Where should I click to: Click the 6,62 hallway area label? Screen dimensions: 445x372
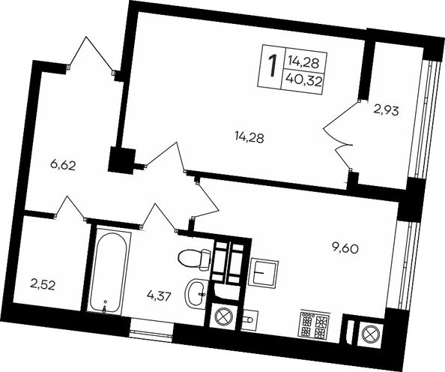coord(62,165)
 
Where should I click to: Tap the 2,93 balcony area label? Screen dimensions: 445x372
coord(387,110)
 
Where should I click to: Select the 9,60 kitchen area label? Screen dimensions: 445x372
coord(345,248)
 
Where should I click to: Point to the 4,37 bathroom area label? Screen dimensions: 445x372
coord(160,297)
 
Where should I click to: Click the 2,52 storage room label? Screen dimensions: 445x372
coord(42,285)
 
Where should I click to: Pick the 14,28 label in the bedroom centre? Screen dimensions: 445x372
coord(249,138)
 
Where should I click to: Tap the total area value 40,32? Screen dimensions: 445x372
coord(303,82)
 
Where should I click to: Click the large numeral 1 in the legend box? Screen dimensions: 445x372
coord(272,66)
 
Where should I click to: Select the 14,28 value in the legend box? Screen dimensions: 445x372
coord(303,61)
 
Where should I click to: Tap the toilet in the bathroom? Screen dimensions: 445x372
coord(195,259)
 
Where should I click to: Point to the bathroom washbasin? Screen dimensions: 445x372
coord(196,292)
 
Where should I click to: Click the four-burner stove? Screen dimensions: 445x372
coord(315,325)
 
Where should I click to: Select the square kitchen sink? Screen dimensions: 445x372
coord(263,272)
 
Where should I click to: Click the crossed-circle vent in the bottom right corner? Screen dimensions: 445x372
coord(370,334)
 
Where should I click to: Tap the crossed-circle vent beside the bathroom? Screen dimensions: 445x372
coord(224,316)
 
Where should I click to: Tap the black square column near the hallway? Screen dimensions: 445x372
coord(121,159)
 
